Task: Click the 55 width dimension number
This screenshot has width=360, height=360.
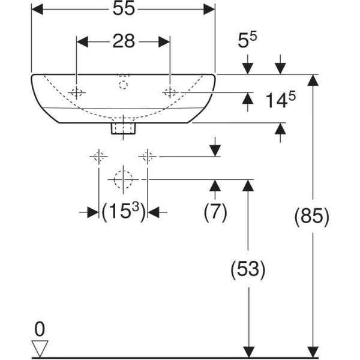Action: pyautogui.click(x=123, y=9)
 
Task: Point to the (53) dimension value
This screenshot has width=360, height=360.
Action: pyautogui.click(x=247, y=269)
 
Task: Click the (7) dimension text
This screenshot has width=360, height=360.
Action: pyautogui.click(x=214, y=212)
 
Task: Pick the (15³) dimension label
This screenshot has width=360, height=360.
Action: pyautogui.click(x=123, y=211)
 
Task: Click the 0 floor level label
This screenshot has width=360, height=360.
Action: pyautogui.click(x=40, y=329)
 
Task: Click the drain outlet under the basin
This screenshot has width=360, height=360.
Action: pyautogui.click(x=124, y=127)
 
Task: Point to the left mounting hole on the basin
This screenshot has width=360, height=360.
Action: pyautogui.click(x=77, y=92)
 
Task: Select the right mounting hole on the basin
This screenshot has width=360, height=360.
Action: pyautogui.click(x=170, y=92)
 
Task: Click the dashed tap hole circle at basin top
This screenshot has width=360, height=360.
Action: pyautogui.click(x=124, y=84)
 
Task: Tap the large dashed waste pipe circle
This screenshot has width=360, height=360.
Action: pyautogui.click(x=122, y=179)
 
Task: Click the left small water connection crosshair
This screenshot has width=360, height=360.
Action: pyautogui.click(x=99, y=157)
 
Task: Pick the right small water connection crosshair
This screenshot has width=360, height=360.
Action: pyautogui.click(x=147, y=157)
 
